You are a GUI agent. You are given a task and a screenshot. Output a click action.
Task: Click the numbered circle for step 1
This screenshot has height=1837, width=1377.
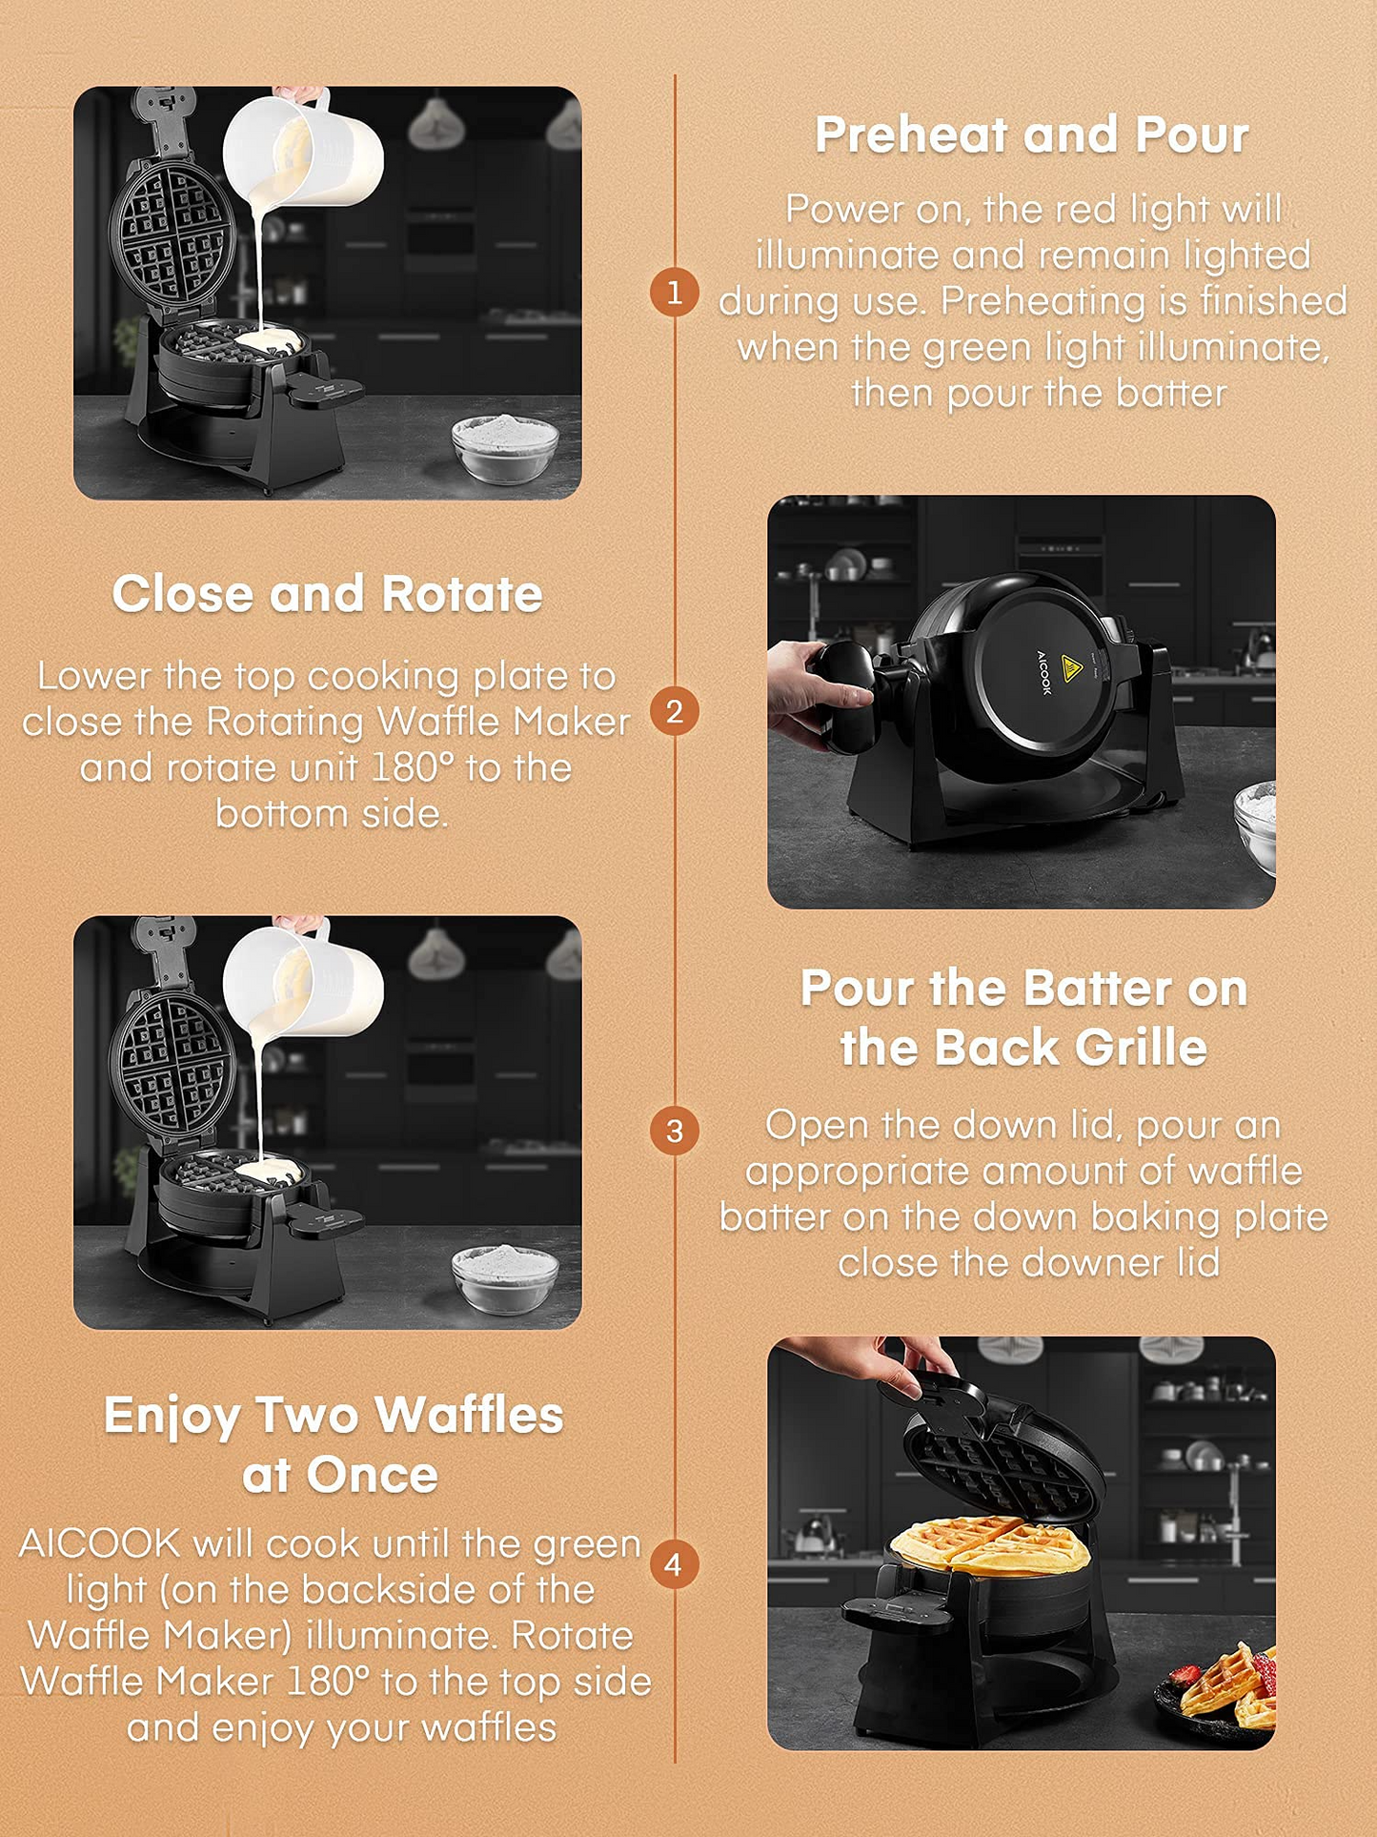675,292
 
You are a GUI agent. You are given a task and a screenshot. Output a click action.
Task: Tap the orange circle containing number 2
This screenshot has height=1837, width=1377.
675,711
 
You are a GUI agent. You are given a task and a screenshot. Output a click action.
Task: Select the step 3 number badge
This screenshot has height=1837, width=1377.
675,1131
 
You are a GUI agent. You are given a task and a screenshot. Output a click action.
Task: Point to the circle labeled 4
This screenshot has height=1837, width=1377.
675,1564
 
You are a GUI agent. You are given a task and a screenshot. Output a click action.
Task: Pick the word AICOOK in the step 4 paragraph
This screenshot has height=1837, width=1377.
100,1543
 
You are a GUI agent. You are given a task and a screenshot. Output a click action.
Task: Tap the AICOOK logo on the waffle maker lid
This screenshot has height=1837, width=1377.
1043,673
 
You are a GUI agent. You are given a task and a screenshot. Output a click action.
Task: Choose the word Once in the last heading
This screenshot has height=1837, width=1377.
373,1476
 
